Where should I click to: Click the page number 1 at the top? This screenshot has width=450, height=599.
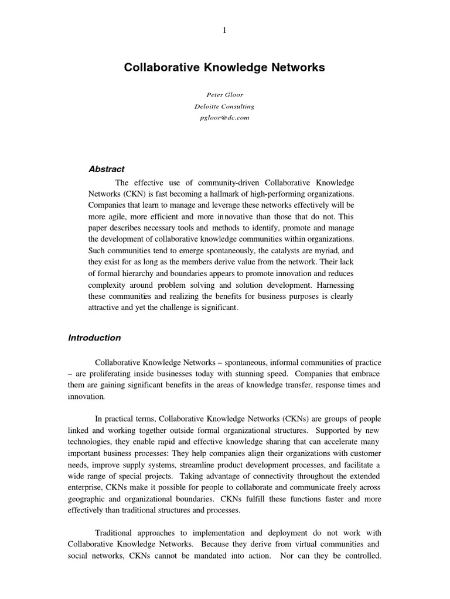click(x=224, y=31)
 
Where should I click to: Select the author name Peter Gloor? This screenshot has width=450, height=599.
click(x=224, y=95)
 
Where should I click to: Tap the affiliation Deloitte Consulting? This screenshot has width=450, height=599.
click(x=224, y=106)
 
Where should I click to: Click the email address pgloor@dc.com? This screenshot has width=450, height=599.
click(x=224, y=118)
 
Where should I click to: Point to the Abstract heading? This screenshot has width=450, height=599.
click(x=106, y=169)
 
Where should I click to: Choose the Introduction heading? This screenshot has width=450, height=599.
click(x=94, y=338)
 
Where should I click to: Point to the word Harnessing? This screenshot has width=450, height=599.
click(x=335, y=285)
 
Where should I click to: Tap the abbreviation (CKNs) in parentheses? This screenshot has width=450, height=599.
click(x=279, y=419)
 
